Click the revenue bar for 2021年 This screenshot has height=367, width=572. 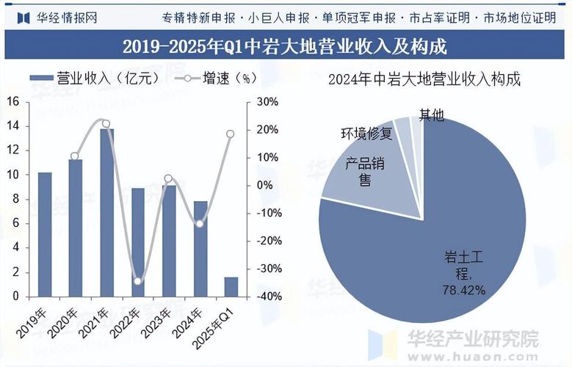pyautogui.click(x=106, y=213)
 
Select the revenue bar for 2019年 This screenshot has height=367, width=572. pyautogui.click(x=45, y=234)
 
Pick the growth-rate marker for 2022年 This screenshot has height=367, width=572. pyautogui.click(x=137, y=281)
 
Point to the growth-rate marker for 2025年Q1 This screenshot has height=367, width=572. pyautogui.click(x=231, y=134)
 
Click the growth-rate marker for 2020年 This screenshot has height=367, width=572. pyautogui.click(x=75, y=156)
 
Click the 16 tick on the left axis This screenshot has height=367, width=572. pyautogui.click(x=12, y=102)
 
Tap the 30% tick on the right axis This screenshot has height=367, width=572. pyautogui.click(x=267, y=102)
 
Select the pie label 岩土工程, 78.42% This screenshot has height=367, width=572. pyautogui.click(x=464, y=273)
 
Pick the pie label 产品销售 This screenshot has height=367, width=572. pyautogui.click(x=365, y=171)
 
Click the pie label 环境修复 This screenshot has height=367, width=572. pyautogui.click(x=366, y=134)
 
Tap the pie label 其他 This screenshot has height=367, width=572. pyautogui.click(x=431, y=115)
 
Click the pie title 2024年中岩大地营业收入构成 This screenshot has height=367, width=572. pyautogui.click(x=424, y=79)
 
